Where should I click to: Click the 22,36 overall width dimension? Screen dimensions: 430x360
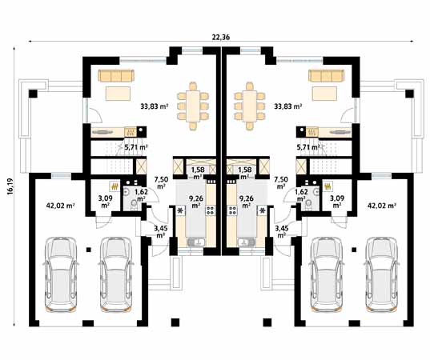coord(220,37)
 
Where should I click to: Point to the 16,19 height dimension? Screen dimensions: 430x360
coord(10,186)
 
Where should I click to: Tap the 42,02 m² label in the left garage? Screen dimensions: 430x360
coord(61,206)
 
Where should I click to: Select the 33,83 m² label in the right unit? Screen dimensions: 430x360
coord(288,106)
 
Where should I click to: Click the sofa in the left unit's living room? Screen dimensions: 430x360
coord(116,75)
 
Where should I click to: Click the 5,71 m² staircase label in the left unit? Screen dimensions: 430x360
coord(136,147)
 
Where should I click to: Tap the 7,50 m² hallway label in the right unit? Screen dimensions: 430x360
coord(281,182)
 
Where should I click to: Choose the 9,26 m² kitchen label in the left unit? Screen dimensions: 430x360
coord(195,202)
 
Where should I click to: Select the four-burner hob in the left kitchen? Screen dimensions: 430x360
coord(211,210)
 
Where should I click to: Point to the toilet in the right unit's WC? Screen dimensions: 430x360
coord(307,204)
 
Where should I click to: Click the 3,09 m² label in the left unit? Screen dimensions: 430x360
coord(106,202)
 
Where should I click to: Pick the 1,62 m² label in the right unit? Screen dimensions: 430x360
coord(301,194)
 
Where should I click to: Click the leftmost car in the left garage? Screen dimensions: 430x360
coord(60,274)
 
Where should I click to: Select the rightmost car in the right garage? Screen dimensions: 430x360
coord(382,274)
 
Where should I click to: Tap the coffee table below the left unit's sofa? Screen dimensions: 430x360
coord(118,94)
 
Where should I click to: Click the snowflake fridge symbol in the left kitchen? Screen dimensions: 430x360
coord(180,210)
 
